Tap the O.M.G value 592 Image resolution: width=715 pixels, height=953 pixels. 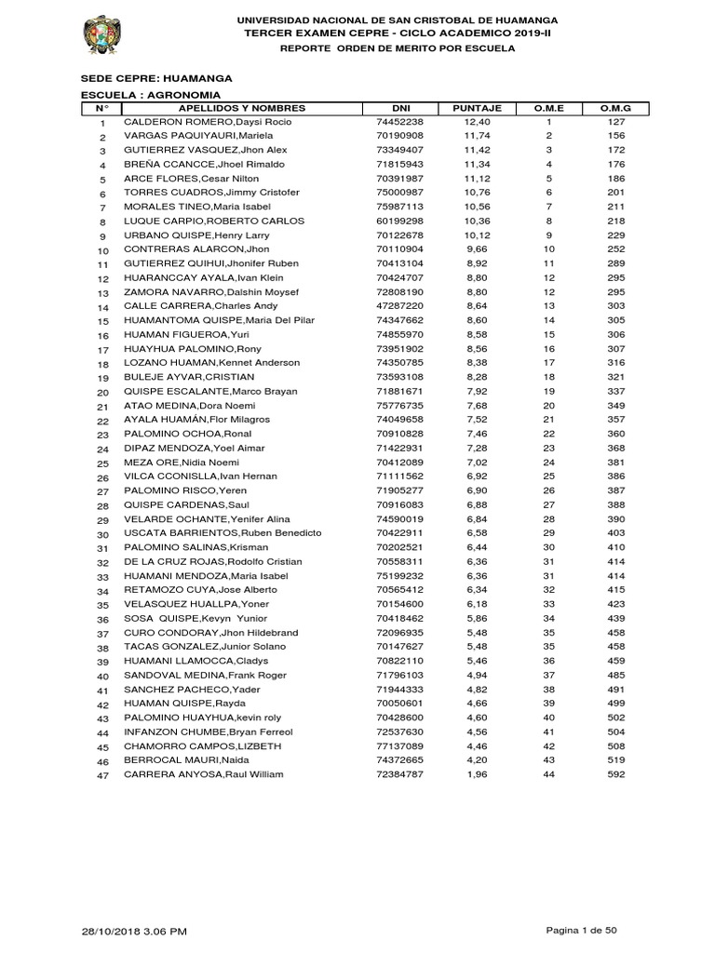614,774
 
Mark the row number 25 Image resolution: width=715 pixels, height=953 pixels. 103,463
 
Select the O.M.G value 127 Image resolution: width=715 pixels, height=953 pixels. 614,122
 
